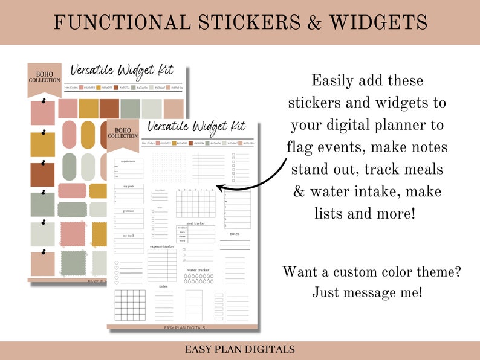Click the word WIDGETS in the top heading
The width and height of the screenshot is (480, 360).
pos(378,22)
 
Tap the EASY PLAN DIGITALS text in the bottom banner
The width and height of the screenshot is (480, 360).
pos(240,349)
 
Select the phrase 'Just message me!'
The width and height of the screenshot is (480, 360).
pos(368,293)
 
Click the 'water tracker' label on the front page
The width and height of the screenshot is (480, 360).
pos(198,270)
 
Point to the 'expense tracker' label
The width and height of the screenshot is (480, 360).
pos(163,246)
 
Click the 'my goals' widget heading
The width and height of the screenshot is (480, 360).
pos(129,186)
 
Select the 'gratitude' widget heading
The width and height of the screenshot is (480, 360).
pos(129,211)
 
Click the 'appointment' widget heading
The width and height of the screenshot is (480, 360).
pos(129,161)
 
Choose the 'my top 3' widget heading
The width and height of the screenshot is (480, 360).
pos(129,235)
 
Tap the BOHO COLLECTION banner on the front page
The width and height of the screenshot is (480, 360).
pos(123,132)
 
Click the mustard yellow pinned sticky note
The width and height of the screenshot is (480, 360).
pos(43,144)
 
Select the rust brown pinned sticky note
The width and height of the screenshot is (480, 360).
pos(43,175)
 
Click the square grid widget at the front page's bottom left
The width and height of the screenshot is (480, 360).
pos(131,305)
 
